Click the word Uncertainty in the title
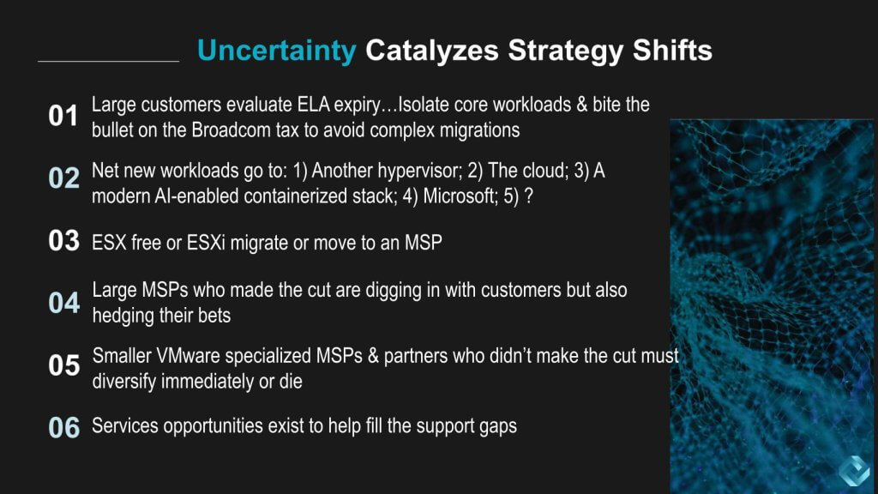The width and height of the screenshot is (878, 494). click(x=277, y=51)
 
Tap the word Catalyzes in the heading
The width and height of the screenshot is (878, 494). click(x=432, y=51)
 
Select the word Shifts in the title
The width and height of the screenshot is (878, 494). click(x=672, y=50)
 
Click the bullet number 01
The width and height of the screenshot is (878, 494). click(x=63, y=116)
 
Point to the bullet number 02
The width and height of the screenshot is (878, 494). click(x=63, y=178)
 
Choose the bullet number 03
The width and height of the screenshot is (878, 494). click(x=63, y=241)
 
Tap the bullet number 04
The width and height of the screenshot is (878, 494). click(x=63, y=303)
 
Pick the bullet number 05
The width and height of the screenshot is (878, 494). click(x=63, y=365)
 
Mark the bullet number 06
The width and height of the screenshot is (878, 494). click(x=63, y=428)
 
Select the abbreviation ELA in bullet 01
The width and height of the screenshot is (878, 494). click(x=314, y=105)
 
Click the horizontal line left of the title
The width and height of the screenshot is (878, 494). click(x=109, y=61)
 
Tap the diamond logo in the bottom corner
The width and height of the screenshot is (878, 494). click(x=855, y=471)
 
